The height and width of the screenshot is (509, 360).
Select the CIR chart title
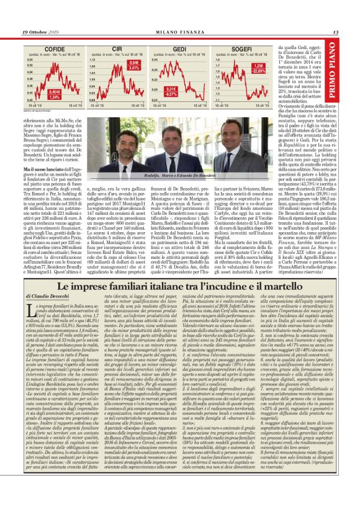click(x=117, y=47)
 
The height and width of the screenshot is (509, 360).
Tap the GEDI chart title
click(x=179, y=47)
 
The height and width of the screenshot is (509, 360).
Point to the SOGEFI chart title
click(x=241, y=47)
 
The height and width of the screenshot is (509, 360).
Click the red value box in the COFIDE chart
click(x=55, y=93)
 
